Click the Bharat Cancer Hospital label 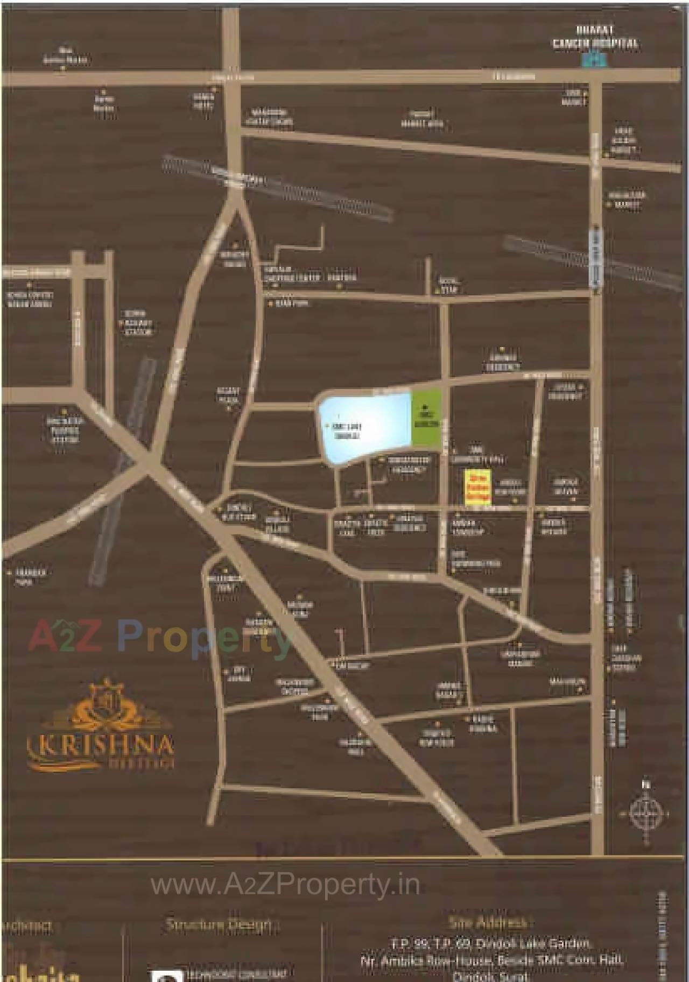pyautogui.click(x=595, y=38)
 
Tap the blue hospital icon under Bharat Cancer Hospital pyautogui.click(x=594, y=59)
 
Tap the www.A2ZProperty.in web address pyautogui.click(x=285, y=885)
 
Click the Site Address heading pyautogui.click(x=488, y=922)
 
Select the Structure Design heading pyautogui.click(x=219, y=924)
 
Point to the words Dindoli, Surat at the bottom pyautogui.click(x=490, y=976)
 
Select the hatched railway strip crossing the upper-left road pyautogui.click(x=277, y=189)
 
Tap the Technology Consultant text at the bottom pyautogui.click(x=236, y=973)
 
